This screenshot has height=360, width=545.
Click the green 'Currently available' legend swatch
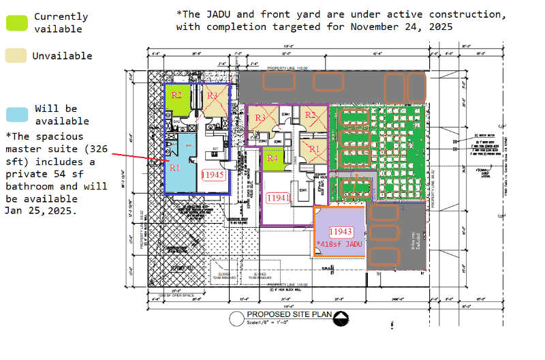tap(17, 22)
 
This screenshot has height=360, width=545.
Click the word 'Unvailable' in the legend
tap(62, 56)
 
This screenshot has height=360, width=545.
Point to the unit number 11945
tap(213, 175)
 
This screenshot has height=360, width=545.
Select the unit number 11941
tap(278, 198)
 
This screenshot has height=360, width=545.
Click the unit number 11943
tap(341, 231)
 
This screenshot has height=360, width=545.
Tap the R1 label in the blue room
tap(175, 167)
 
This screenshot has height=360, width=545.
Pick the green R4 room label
tap(272, 158)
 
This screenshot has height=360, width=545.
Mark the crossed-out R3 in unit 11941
tap(261, 118)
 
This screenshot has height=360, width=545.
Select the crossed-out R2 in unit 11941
tap(311, 115)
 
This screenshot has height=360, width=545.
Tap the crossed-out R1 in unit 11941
tap(314, 148)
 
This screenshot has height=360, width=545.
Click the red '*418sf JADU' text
tap(341, 243)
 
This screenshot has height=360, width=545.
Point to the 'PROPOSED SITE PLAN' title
tap(290, 314)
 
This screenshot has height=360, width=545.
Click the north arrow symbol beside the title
tap(344, 316)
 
